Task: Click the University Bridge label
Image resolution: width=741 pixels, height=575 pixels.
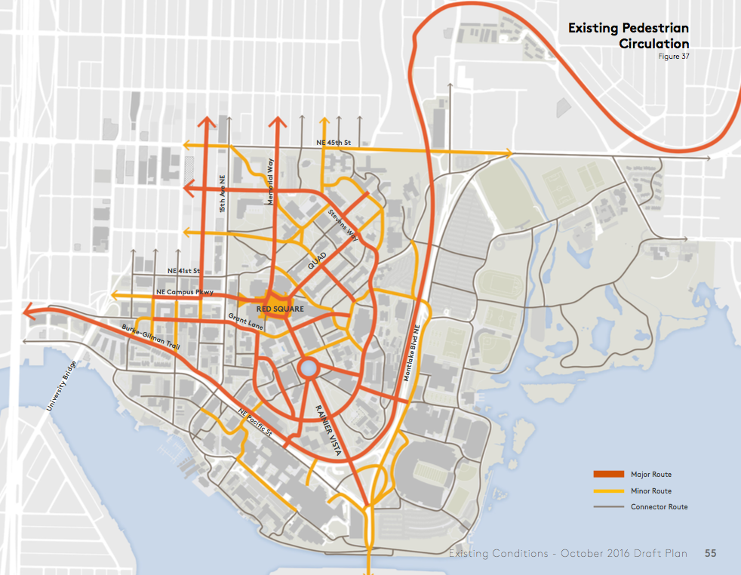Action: pyautogui.click(x=61, y=385)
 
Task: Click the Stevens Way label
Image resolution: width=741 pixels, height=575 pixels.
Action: pyautogui.click(x=343, y=224)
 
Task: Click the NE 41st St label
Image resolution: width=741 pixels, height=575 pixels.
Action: pyautogui.click(x=184, y=270)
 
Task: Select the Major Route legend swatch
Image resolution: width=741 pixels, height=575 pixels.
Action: pyautogui.click(x=607, y=474)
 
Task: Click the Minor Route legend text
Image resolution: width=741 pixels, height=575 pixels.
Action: pyautogui.click(x=650, y=490)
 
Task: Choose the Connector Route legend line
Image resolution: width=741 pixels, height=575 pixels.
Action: pyautogui.click(x=607, y=506)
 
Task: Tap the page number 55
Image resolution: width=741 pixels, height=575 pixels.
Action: pyautogui.click(x=711, y=554)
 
